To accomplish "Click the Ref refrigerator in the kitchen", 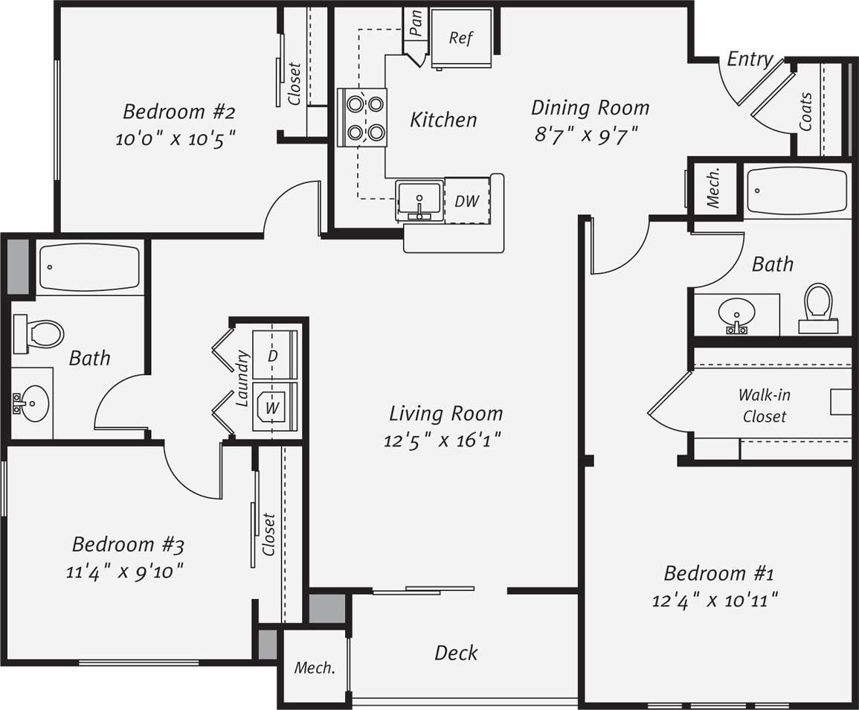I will click(461, 38).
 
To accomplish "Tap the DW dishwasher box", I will click(467, 200).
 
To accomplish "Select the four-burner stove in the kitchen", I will click(362, 118).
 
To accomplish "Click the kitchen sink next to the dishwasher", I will click(419, 200).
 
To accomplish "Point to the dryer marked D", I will click(274, 355).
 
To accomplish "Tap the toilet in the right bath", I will click(818, 306).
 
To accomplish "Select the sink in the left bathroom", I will click(32, 404).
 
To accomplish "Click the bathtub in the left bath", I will click(89, 267).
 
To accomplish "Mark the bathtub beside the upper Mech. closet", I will click(797, 191).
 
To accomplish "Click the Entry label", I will click(749, 59).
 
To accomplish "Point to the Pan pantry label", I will click(416, 22).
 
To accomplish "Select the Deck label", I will click(456, 653).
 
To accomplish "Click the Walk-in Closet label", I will click(764, 406).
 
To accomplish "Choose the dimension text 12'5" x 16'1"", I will click(443, 441).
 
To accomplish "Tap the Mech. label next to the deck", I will click(315, 668).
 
